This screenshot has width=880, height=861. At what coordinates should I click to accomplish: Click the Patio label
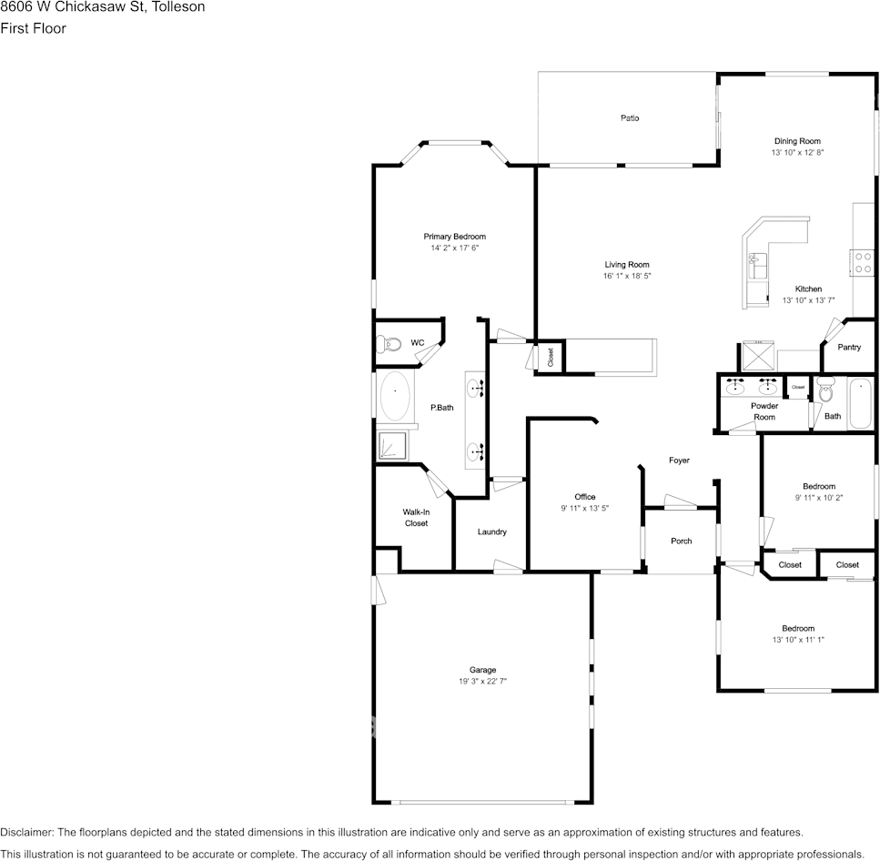coord(630,118)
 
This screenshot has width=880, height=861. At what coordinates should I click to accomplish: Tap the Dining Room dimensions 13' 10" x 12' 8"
coord(797,154)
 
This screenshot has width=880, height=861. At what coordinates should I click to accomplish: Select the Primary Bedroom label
coord(454,237)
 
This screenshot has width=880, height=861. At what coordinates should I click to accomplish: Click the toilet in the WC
coord(390,344)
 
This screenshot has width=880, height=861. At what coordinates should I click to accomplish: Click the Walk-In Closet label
coord(416,518)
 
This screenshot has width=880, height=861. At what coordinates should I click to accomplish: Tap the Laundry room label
coord(491,532)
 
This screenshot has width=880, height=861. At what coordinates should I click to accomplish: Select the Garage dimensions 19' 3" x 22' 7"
coord(482,682)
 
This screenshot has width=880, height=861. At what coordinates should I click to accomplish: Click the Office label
coord(584,497)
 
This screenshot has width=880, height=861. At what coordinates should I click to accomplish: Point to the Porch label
coord(681,542)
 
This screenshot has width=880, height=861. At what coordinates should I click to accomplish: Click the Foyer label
coord(679,461)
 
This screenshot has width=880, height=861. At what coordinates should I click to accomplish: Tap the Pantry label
coord(849,348)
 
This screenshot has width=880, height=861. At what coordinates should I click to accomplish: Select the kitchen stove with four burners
coord(863,263)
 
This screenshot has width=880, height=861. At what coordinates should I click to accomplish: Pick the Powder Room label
coord(764,411)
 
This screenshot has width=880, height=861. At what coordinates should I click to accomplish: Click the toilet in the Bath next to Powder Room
coord(825,391)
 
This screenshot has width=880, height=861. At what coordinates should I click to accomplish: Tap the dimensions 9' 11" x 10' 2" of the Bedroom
coord(818,498)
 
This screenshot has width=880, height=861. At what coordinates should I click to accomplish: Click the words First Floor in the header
coord(33,28)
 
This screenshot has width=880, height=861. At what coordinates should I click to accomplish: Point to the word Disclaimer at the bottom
coord(26,832)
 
